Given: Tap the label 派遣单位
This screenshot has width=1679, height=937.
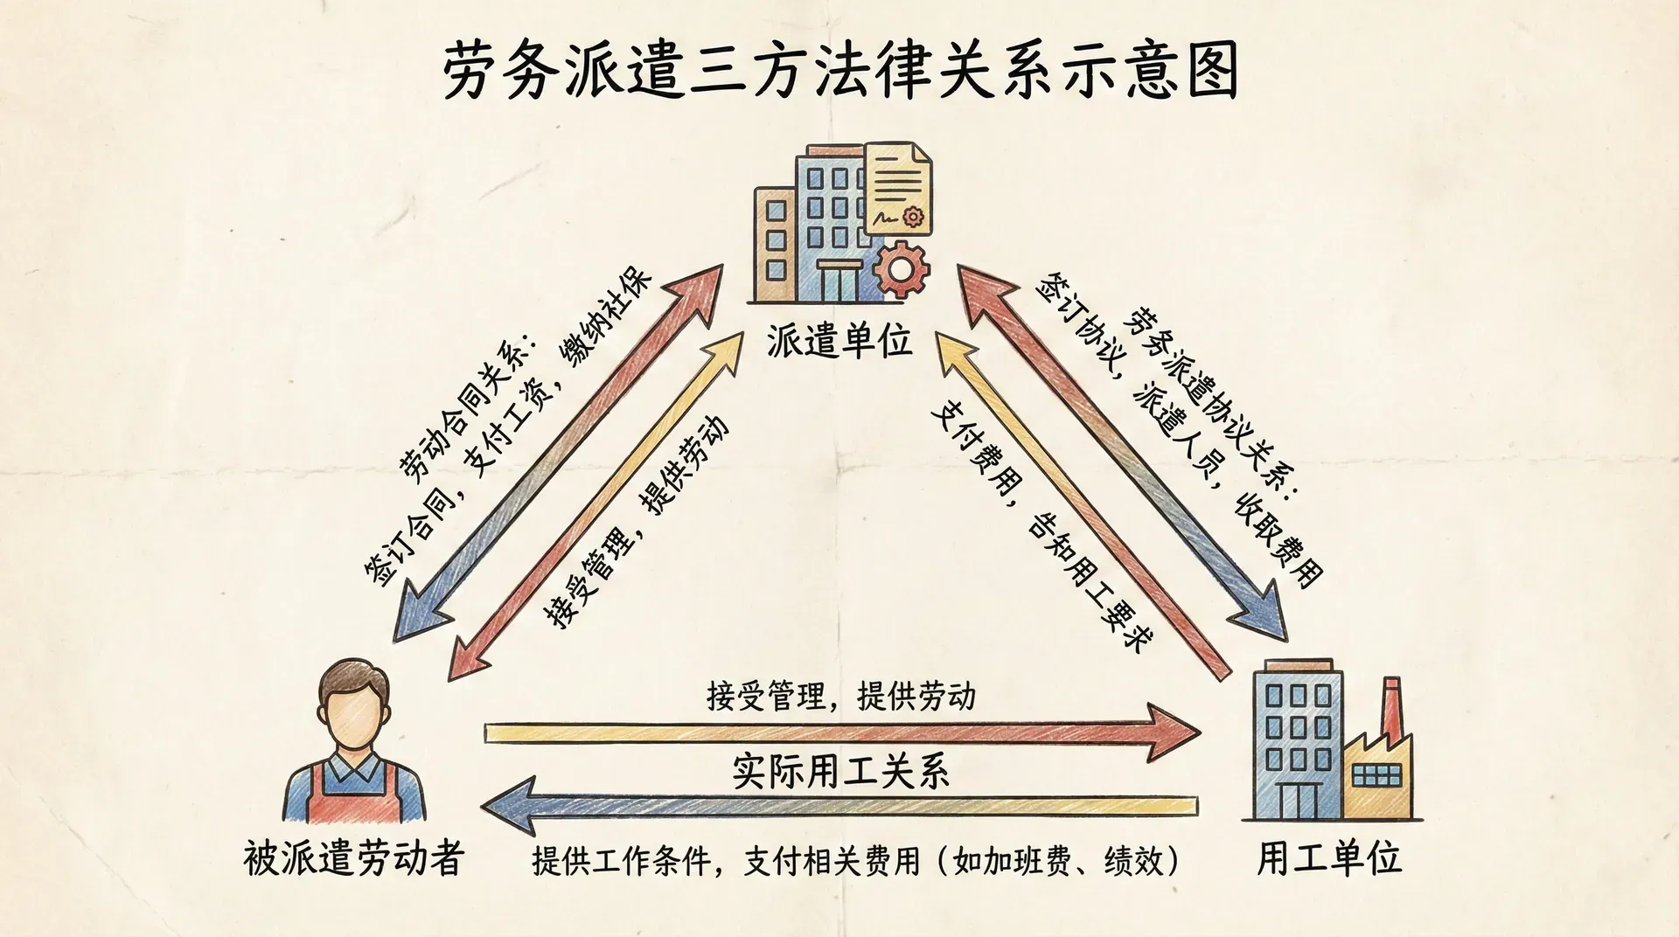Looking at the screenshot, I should (839, 341).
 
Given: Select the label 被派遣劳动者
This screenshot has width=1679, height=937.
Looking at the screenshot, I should (353, 859).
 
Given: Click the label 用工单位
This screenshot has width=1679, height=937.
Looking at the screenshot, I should (1329, 859).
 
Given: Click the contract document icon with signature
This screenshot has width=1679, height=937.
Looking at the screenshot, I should (898, 191).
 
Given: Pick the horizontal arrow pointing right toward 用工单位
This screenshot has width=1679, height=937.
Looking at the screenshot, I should (839, 732).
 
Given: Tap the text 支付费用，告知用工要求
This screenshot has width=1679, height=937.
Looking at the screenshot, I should (1041, 524).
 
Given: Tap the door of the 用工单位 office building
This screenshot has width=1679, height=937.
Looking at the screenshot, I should (1297, 799).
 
